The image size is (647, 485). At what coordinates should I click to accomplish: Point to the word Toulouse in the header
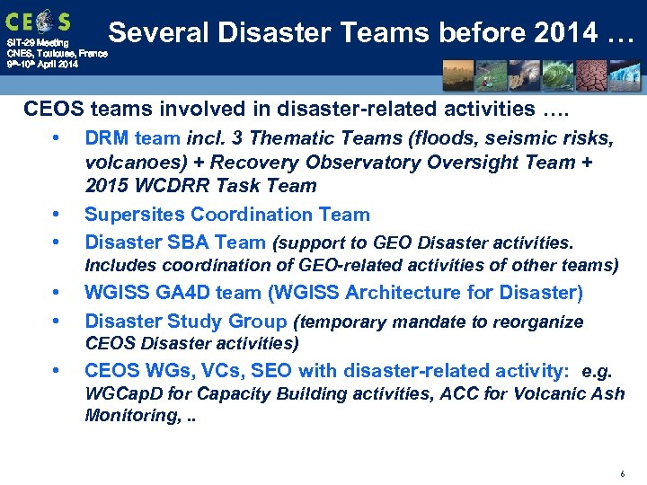tap(52, 53)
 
